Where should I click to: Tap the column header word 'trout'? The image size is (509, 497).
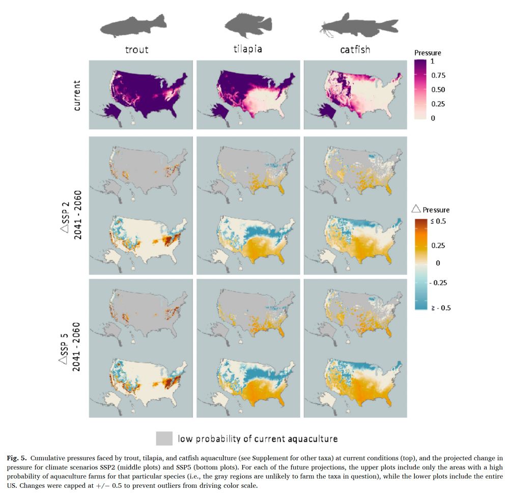[x=137, y=49]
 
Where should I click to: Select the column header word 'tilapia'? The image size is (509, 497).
[x=247, y=49]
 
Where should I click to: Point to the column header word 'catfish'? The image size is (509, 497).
[x=355, y=49]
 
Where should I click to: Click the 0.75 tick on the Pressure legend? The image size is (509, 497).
[x=438, y=75]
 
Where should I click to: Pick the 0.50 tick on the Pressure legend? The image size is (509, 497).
[x=438, y=90]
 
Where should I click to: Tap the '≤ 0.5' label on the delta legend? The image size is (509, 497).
[x=439, y=222]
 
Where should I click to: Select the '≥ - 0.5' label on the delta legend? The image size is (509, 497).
[x=441, y=308]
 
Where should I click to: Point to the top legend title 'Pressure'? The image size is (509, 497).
[x=428, y=52]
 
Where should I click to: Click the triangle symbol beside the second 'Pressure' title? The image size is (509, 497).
[x=415, y=209]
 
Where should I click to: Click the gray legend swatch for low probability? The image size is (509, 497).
[x=164, y=438]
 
